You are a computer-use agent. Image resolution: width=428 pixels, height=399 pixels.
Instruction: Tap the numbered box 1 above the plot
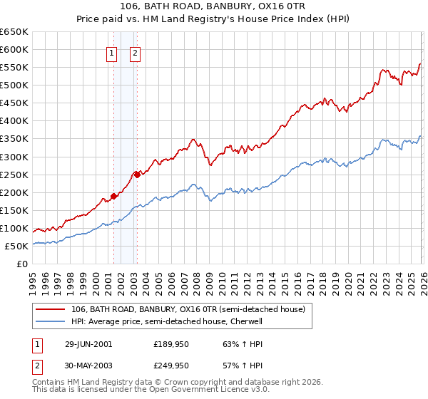[x=112, y=52]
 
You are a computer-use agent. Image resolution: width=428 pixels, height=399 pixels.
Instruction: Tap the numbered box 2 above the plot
[x=135, y=52]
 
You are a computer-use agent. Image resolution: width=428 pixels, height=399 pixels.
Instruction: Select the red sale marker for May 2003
[x=137, y=175]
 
